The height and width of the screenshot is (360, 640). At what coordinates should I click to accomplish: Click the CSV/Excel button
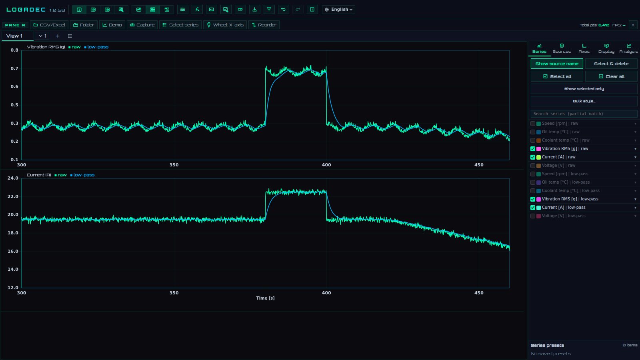[x=49, y=25]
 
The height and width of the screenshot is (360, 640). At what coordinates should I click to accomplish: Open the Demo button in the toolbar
[x=112, y=25]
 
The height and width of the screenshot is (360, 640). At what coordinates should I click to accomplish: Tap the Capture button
[x=142, y=25]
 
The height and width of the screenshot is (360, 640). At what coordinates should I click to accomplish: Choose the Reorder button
[x=264, y=25]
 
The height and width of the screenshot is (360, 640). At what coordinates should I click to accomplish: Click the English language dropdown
[x=338, y=10]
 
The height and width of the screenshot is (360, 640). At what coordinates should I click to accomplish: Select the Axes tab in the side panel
[x=584, y=48]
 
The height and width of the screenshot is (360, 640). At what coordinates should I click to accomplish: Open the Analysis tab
[x=628, y=48]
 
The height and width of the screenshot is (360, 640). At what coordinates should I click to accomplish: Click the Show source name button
[x=557, y=64]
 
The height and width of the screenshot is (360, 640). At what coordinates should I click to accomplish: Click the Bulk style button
[x=584, y=101]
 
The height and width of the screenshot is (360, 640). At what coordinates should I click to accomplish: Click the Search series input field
[x=584, y=114]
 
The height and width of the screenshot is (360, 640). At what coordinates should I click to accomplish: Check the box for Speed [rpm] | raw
[x=533, y=124]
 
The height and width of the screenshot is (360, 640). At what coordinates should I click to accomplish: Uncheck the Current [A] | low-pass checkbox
[x=533, y=208]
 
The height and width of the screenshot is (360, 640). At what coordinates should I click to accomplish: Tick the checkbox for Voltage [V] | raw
[x=533, y=166]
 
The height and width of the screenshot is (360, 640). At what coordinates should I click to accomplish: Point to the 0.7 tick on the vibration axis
[x=14, y=68]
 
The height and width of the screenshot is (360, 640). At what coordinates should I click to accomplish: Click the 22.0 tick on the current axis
[x=13, y=196]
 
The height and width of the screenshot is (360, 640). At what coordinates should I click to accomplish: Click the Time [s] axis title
[x=266, y=298]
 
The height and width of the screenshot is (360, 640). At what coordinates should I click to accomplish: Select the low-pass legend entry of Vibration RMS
[x=96, y=47]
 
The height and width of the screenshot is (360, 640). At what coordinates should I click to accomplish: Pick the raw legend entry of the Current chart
[x=60, y=175]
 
